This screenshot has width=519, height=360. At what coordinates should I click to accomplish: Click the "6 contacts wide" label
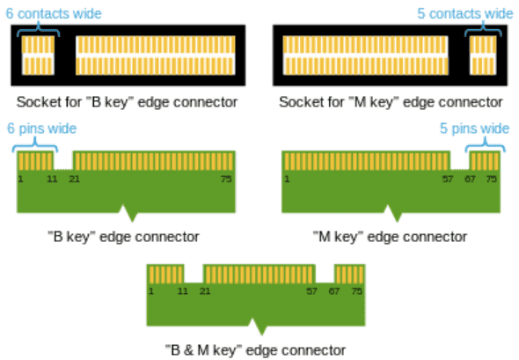point(54,13)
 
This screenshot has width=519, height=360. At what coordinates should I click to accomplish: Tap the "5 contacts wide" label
point(465,13)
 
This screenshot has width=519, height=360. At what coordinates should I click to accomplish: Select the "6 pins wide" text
point(42,129)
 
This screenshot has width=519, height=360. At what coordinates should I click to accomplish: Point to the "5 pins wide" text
point(474,129)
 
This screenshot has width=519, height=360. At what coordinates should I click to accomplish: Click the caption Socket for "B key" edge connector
point(127,102)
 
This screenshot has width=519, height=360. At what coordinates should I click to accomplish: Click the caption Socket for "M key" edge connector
point(391,102)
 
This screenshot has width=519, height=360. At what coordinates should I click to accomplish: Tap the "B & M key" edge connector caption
point(255,350)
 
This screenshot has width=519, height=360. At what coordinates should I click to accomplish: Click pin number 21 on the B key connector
point(74,180)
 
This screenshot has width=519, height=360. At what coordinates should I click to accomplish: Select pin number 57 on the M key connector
point(448,180)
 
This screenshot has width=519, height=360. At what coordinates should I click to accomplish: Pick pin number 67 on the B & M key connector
point(333,291)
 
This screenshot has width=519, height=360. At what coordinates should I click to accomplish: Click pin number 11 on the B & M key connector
point(183,291)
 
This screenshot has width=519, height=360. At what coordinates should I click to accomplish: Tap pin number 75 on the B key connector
point(226,180)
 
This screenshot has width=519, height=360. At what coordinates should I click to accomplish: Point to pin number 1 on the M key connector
point(287,180)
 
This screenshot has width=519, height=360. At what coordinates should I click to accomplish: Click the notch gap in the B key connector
point(63,160)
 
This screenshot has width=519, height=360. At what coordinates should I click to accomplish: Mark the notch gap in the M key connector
point(460,160)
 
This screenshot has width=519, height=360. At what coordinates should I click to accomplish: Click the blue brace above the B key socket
point(39,29)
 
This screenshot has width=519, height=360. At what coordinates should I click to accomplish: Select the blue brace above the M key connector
point(486,144)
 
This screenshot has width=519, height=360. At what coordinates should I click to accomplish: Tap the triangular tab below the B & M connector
point(257,327)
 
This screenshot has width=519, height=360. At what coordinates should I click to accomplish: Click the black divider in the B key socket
point(65,55)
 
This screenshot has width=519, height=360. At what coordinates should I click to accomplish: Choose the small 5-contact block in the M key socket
point(483,55)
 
